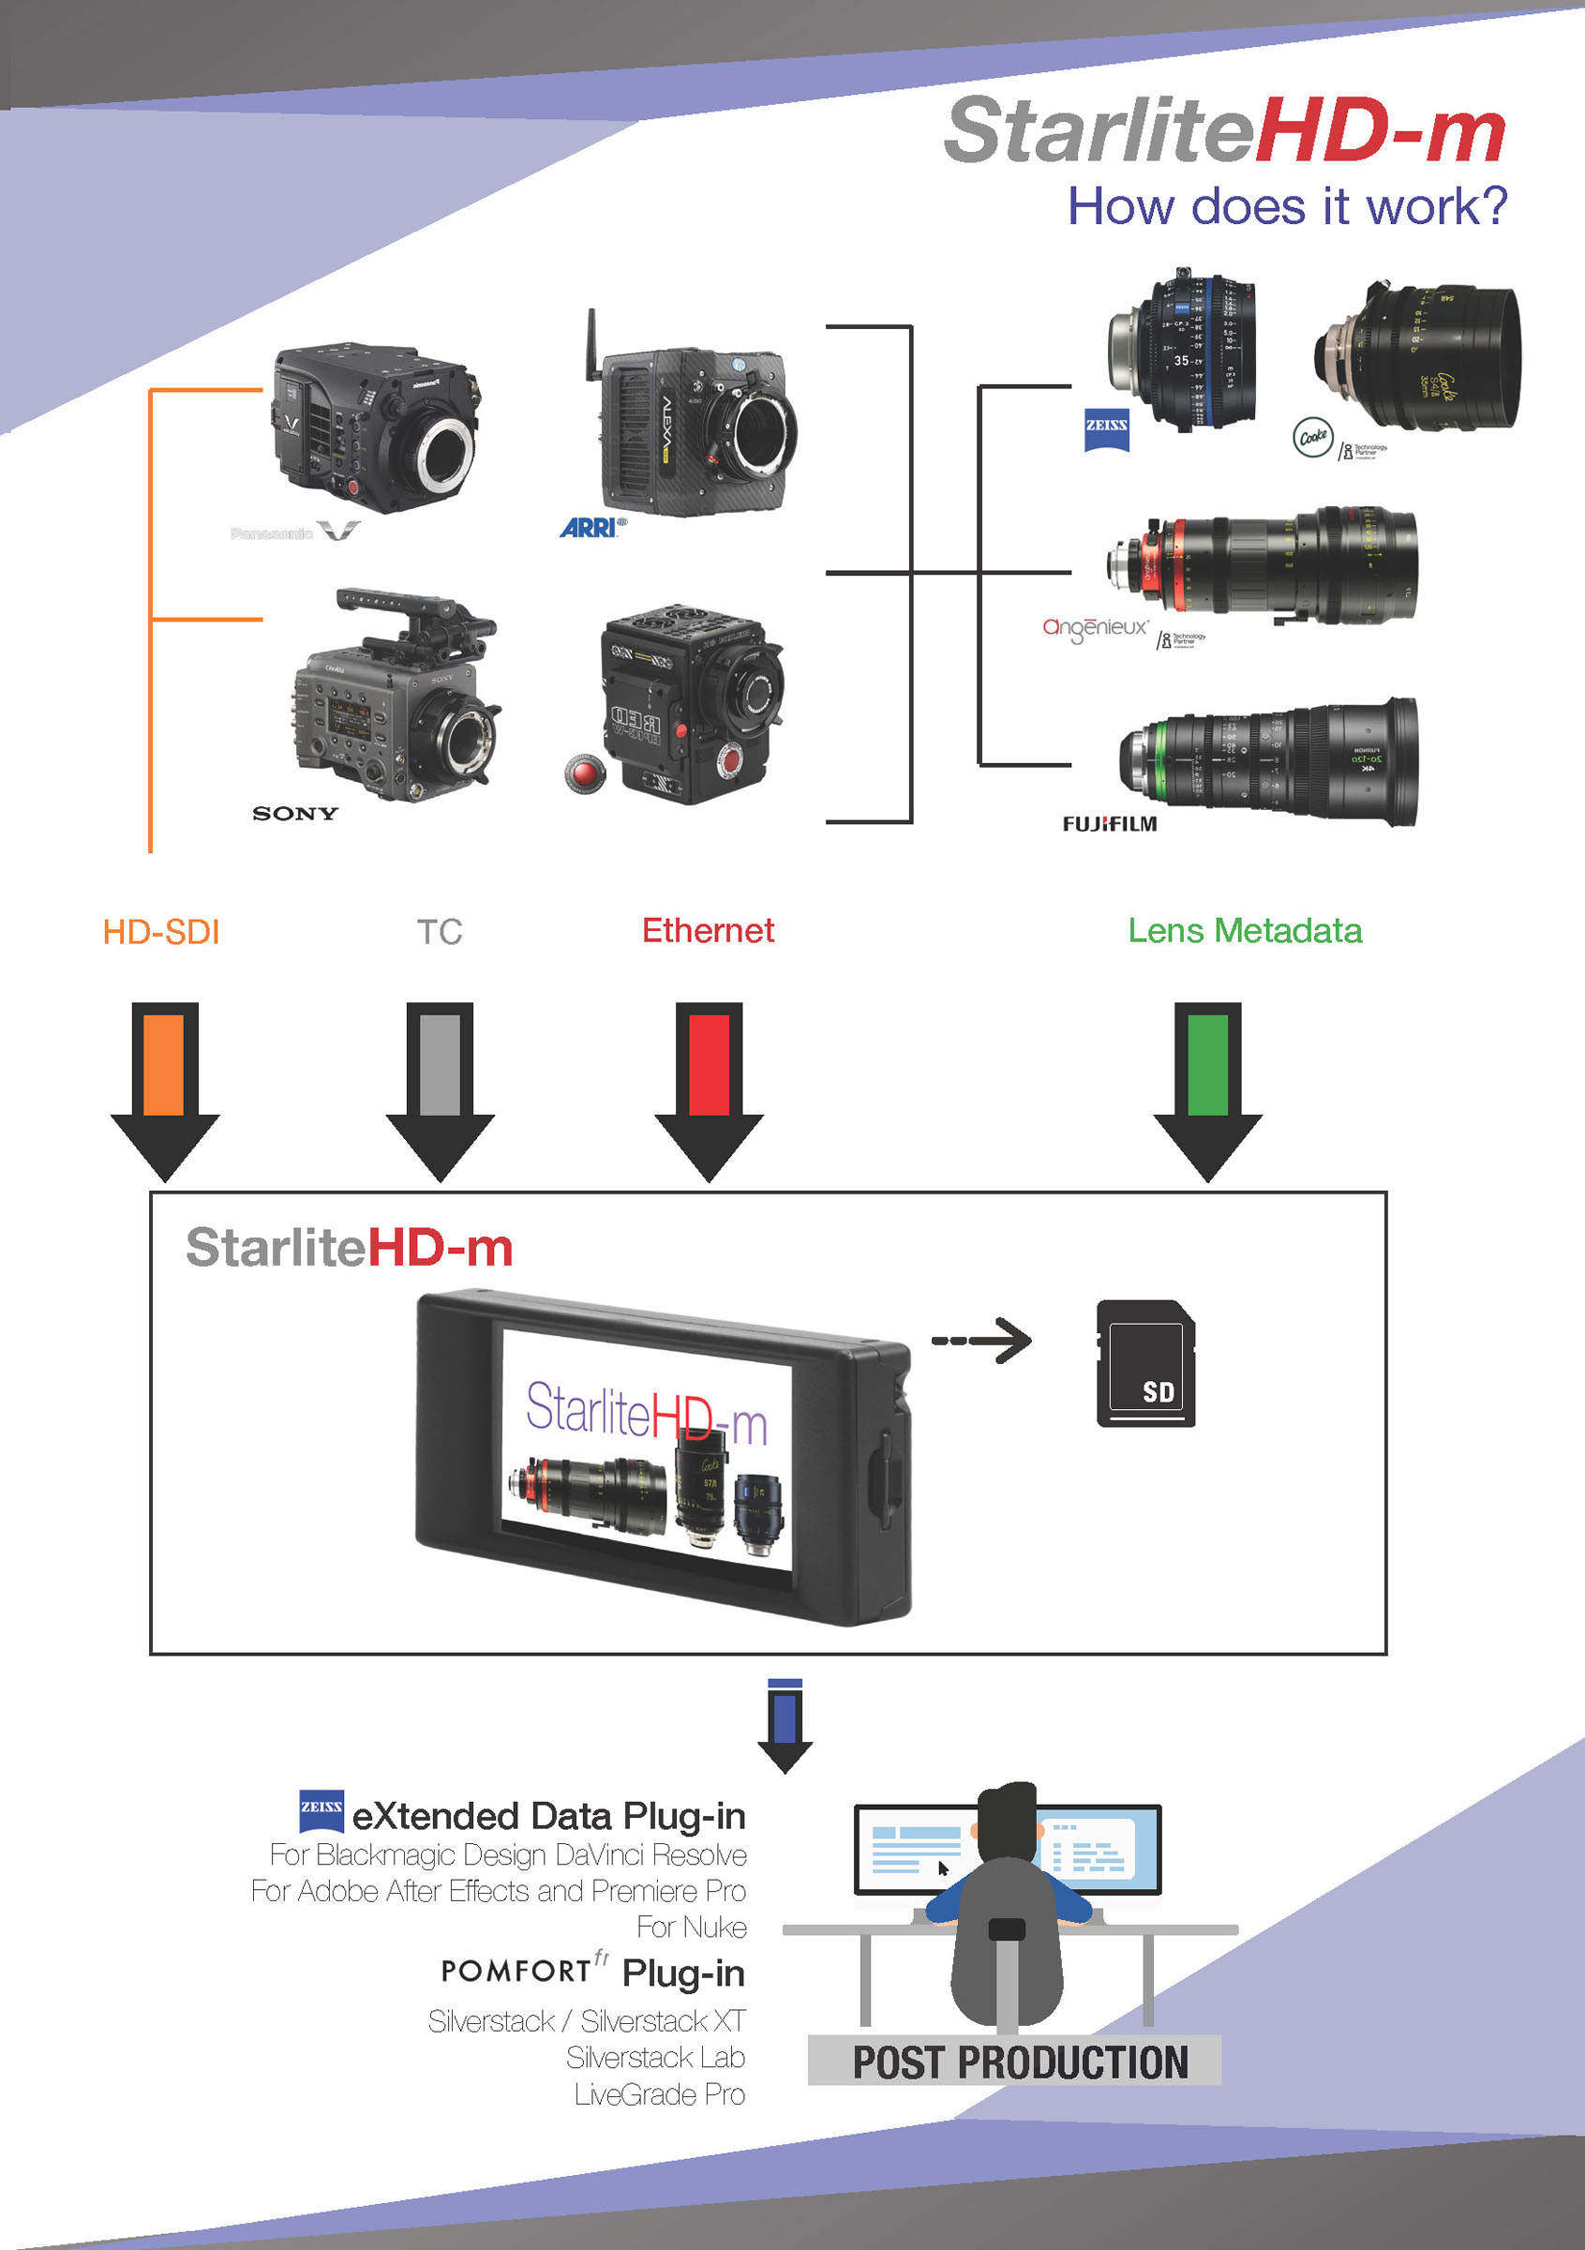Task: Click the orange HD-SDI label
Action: click(161, 932)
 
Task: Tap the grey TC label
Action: click(439, 932)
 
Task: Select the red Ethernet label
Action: click(708, 930)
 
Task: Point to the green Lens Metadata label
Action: click(1244, 930)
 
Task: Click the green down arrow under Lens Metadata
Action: click(1207, 1088)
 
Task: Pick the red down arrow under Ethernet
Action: click(709, 1088)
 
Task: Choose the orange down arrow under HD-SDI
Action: click(165, 1088)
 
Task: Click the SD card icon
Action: click(1145, 1362)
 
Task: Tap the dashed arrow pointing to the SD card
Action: click(981, 1341)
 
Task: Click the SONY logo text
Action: click(295, 814)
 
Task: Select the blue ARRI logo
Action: click(591, 528)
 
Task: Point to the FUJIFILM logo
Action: click(1109, 824)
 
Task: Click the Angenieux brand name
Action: click(1094, 628)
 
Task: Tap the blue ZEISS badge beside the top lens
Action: click(1106, 429)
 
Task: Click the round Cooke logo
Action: click(1312, 437)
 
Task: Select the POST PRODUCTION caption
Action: click(1019, 2062)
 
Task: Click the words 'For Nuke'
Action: click(691, 1927)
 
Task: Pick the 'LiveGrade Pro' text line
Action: click(659, 2094)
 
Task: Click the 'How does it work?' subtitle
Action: click(1286, 206)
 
